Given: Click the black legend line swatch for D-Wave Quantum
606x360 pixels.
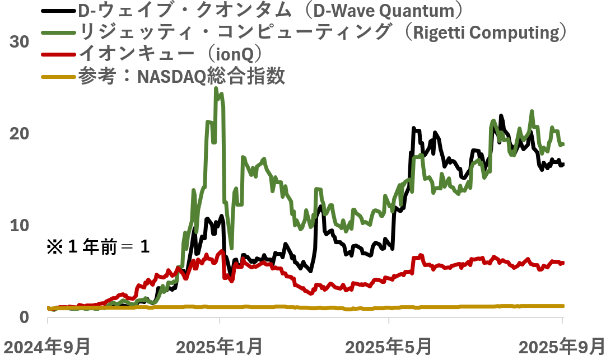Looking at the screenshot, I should pyautogui.click(x=58, y=11).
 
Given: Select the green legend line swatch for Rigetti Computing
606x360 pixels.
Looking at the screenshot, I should pyautogui.click(x=58, y=32).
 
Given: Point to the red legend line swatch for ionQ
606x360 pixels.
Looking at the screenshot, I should pyautogui.click(x=58, y=54).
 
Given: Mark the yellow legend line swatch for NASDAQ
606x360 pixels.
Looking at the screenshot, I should pyautogui.click(x=58, y=76).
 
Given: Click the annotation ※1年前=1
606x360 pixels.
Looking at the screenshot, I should pyautogui.click(x=98, y=247).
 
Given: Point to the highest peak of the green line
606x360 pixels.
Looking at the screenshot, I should pyautogui.click(x=216, y=89).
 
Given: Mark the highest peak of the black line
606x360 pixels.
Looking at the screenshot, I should pyautogui.click(x=501, y=116).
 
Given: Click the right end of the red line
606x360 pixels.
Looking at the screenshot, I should pyautogui.click(x=562, y=263).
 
